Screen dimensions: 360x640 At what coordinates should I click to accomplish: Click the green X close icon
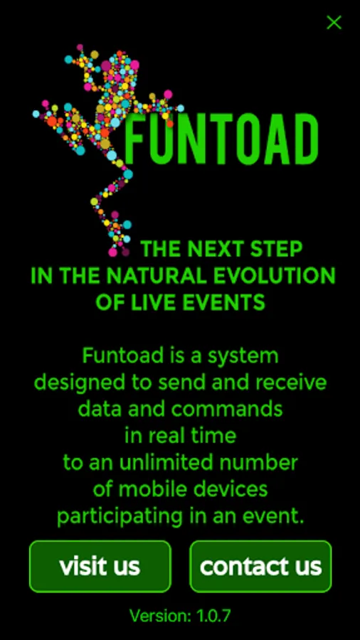pyautogui.click(x=334, y=23)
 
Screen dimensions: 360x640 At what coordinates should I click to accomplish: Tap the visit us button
pyautogui.click(x=100, y=566)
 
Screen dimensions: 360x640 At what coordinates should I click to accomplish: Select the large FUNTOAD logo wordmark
pyautogui.click(x=222, y=139)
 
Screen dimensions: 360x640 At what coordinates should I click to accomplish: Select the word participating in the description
pyautogui.click(x=120, y=517)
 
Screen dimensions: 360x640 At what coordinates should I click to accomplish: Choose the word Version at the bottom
pyautogui.click(x=161, y=616)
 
